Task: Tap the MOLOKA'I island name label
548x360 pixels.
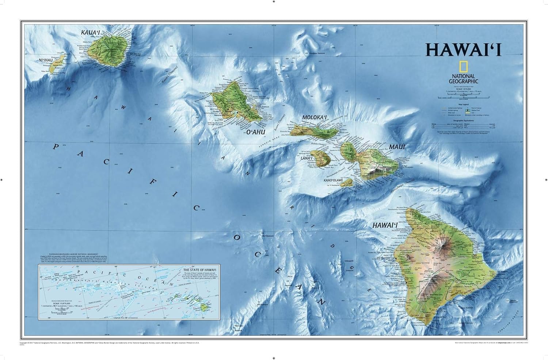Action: point(313,118)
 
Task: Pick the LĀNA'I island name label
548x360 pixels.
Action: point(307,158)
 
